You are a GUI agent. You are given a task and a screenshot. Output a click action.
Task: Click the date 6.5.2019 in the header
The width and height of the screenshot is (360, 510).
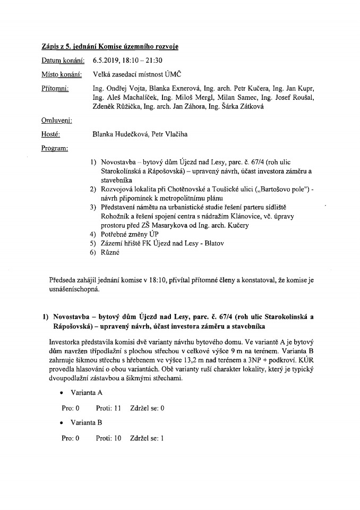105,61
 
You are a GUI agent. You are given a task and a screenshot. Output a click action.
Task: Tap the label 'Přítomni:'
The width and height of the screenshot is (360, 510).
54,88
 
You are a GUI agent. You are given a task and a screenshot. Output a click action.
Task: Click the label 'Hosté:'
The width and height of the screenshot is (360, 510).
50,134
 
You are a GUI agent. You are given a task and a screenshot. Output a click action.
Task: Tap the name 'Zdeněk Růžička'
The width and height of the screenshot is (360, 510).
115,106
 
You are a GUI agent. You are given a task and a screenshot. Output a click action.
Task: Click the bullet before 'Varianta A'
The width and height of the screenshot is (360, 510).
63,393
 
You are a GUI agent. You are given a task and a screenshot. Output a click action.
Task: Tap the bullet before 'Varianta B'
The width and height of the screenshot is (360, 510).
63,423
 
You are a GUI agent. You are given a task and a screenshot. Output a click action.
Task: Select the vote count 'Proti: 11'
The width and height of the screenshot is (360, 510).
109,408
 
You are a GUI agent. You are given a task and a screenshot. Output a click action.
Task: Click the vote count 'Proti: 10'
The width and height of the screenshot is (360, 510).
109,439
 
